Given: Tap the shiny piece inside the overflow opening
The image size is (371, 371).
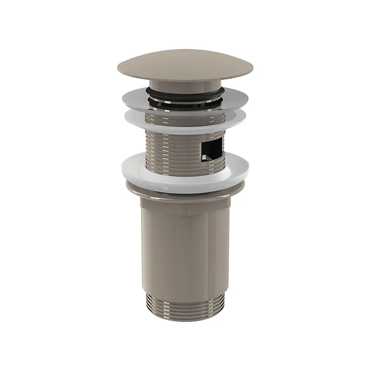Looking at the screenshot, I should pyautogui.click(x=204, y=158).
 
